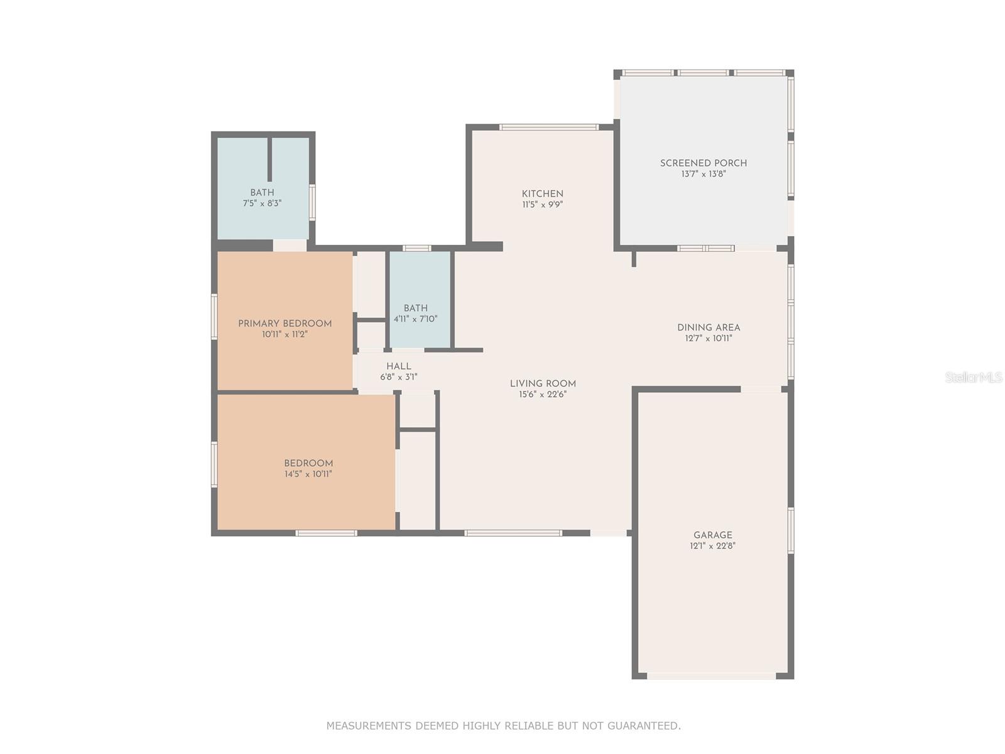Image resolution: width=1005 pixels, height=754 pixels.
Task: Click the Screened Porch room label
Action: [x=703, y=163]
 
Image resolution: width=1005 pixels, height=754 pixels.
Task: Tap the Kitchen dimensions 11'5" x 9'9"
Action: [x=542, y=205]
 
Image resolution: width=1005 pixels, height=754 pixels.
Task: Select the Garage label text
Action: [x=712, y=535]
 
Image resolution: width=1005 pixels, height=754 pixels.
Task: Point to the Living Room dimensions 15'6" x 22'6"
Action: [x=543, y=395]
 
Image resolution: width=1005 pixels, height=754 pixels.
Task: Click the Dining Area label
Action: [x=709, y=327]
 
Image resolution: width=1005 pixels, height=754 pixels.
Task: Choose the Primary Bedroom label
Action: [x=285, y=324]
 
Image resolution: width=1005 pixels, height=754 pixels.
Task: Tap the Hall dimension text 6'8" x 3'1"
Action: [x=398, y=377]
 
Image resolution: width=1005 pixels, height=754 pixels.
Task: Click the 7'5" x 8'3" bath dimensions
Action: [x=262, y=203]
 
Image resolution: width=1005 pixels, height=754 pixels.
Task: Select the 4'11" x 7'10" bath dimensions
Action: [x=415, y=319]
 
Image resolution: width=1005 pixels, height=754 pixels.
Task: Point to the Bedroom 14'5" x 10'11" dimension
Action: [x=308, y=474]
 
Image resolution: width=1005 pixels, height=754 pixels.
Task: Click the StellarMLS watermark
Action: [x=974, y=377]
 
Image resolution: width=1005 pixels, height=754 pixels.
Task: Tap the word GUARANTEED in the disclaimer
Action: [x=644, y=726]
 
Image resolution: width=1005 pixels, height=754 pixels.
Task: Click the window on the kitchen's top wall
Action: [x=548, y=128]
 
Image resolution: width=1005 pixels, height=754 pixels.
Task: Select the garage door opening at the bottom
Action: [x=711, y=676]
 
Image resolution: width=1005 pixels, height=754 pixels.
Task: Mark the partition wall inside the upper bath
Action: [x=269, y=160]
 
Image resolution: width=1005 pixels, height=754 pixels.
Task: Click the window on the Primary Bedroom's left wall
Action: [x=214, y=316]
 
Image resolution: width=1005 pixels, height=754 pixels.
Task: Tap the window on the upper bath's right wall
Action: [x=312, y=202]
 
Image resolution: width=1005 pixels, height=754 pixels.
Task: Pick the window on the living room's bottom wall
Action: [x=513, y=533]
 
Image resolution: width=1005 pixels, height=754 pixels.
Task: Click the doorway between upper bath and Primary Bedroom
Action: [x=290, y=246]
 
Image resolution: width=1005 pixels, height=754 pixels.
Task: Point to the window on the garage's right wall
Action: [x=791, y=530]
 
